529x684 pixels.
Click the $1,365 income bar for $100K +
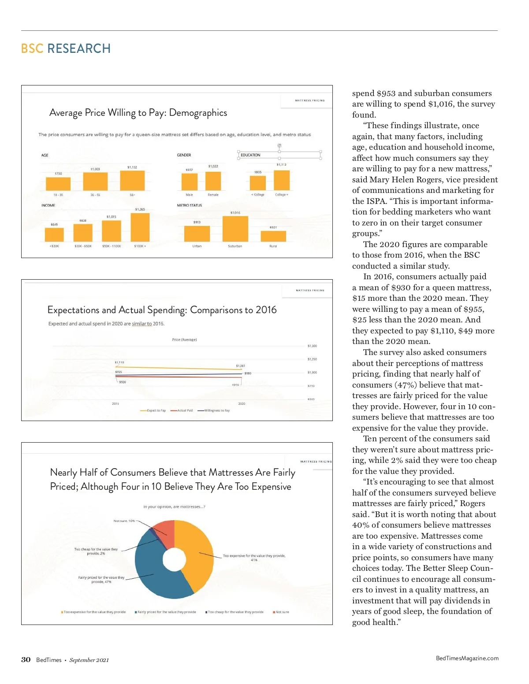(x=140, y=227)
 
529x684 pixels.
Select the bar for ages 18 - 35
(x=58, y=184)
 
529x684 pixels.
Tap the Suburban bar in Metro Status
(x=235, y=229)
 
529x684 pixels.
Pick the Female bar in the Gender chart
(x=213, y=181)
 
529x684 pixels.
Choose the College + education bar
(x=281, y=180)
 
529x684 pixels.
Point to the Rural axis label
(x=273, y=246)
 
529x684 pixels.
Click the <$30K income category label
(x=54, y=246)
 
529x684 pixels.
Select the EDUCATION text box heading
(x=250, y=155)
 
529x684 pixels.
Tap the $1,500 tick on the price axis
(x=312, y=346)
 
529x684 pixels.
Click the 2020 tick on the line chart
(x=242, y=403)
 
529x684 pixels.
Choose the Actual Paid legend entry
(x=185, y=410)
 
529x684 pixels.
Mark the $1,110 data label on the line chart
(x=119, y=362)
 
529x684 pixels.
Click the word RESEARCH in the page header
(x=79, y=48)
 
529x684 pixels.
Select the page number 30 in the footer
(x=26, y=659)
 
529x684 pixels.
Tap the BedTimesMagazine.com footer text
(x=467, y=658)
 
